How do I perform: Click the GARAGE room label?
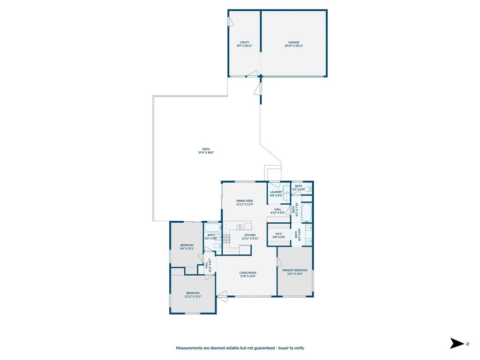(294, 42)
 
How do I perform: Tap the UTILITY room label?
(244, 42)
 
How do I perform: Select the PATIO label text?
(206, 149)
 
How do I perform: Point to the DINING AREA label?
(244, 201)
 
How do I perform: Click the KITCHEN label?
(250, 235)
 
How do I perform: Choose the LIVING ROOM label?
(247, 273)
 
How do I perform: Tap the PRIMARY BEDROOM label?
(295, 270)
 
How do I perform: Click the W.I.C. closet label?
(278, 233)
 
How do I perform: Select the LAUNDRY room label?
(276, 192)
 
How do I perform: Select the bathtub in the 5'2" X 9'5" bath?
(212, 228)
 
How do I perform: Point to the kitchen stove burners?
(227, 238)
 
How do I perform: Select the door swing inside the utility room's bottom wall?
(253, 73)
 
